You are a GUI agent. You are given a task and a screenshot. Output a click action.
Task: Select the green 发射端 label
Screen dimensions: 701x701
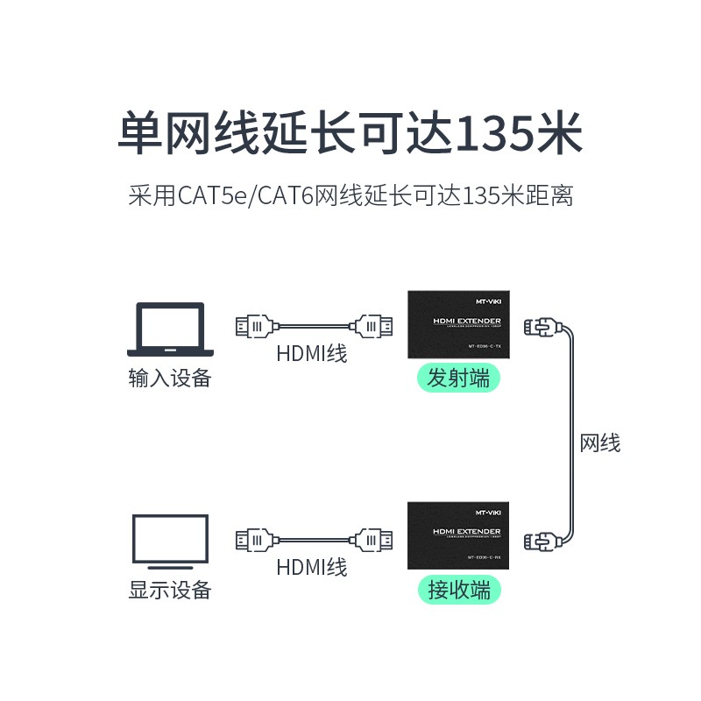(x=458, y=379)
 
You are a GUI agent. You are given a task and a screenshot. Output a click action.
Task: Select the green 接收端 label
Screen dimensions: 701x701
(x=458, y=589)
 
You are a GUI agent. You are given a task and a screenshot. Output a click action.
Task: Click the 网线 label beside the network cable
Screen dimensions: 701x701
(x=600, y=444)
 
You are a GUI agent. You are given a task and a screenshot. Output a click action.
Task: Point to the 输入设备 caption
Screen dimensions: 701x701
(x=170, y=379)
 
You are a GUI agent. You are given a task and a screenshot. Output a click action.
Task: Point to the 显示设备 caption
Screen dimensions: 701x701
(x=170, y=589)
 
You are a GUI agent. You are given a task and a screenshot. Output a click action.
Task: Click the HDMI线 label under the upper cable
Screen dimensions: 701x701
(x=312, y=354)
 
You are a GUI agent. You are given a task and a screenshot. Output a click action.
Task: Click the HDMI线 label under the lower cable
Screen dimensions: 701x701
(x=312, y=567)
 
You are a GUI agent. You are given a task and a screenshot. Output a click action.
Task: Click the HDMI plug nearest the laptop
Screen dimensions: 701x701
(x=255, y=328)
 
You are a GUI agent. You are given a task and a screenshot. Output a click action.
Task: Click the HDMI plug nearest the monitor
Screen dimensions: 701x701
(x=255, y=539)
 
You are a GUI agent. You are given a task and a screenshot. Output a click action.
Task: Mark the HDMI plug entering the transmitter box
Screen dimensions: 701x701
(x=372, y=328)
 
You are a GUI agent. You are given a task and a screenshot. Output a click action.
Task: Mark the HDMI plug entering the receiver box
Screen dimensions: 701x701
(x=372, y=539)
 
